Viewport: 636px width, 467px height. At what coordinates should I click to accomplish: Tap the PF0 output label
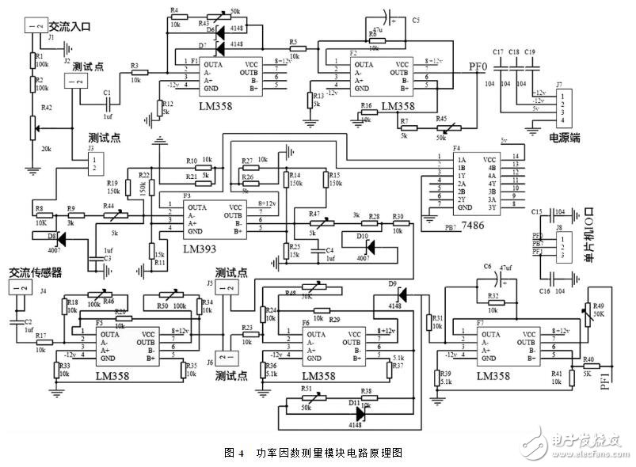(x=478, y=69)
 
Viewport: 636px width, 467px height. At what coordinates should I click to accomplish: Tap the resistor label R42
(x=46, y=108)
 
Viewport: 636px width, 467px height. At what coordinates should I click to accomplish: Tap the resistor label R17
(x=39, y=336)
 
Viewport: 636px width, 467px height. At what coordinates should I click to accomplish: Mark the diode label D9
(x=392, y=283)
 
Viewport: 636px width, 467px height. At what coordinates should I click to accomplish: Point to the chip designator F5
(x=100, y=323)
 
